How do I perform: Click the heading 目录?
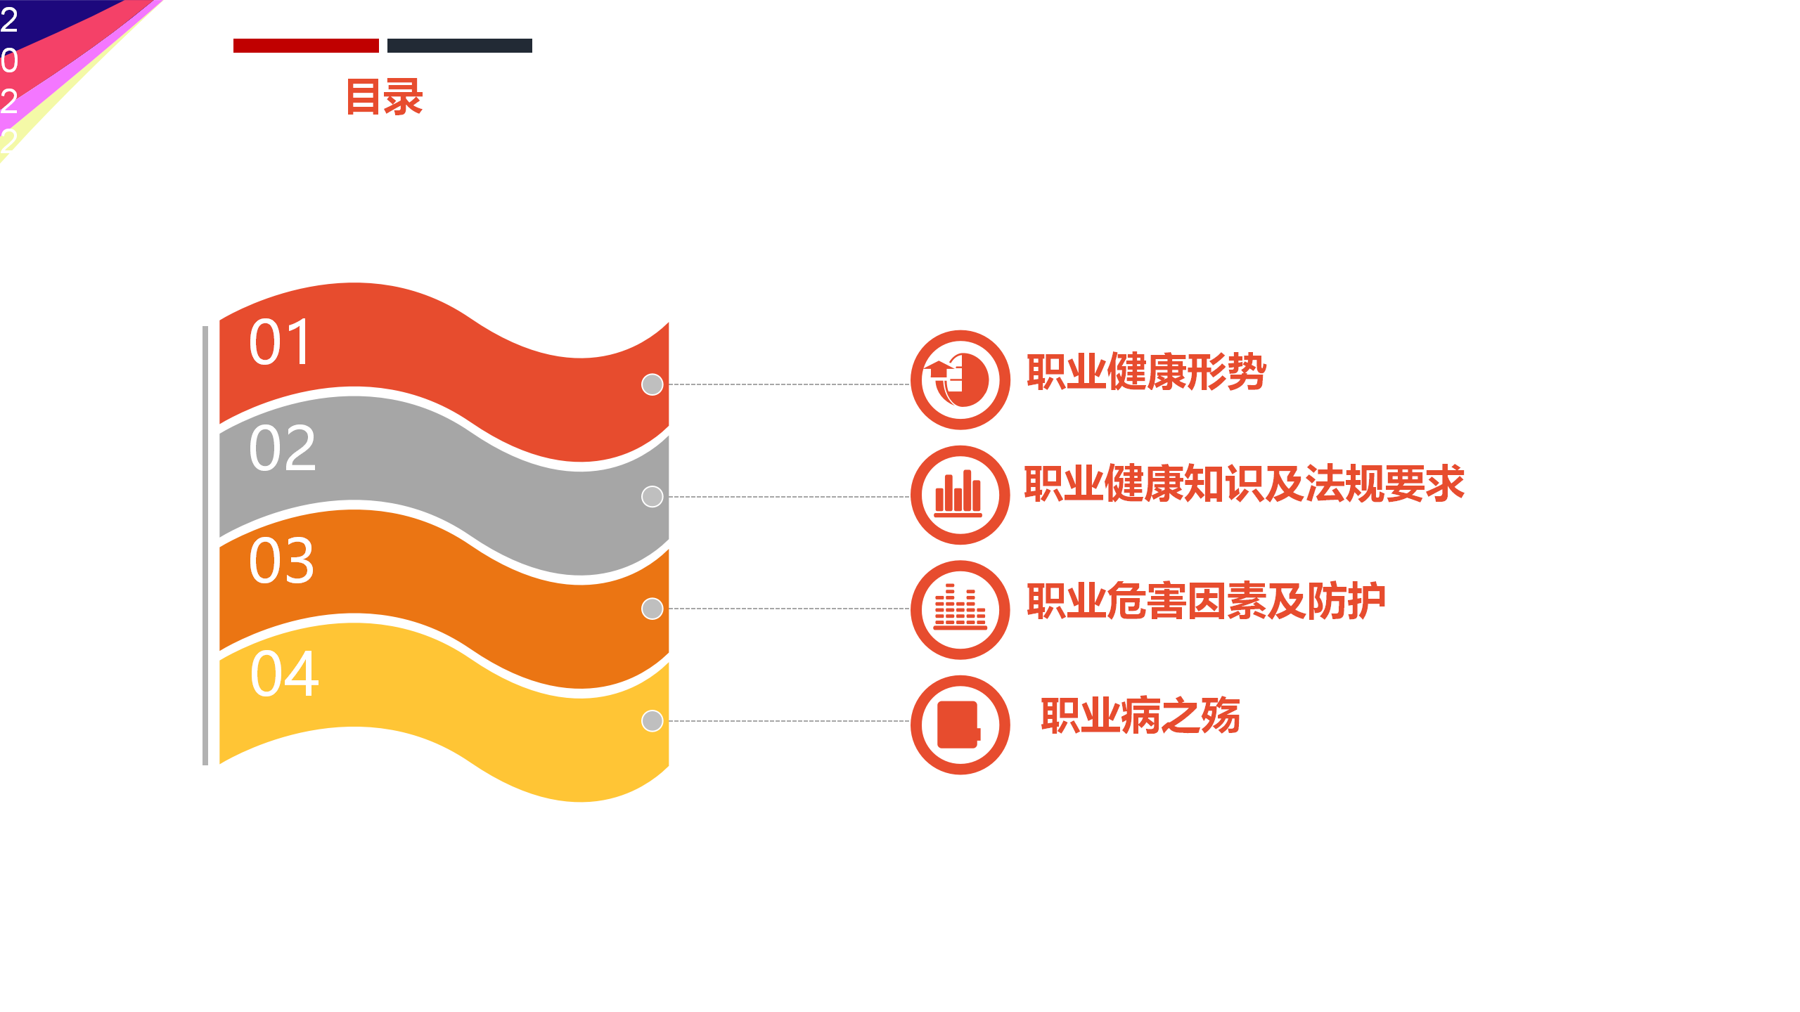pyautogui.click(x=384, y=97)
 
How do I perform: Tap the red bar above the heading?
pyautogui.click(x=306, y=46)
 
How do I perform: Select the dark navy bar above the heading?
pyautogui.click(x=460, y=46)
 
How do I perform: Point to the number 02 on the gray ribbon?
pyautogui.click(x=283, y=448)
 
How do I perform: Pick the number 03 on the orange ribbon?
pyautogui.click(x=282, y=560)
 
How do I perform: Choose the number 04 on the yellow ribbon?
pyautogui.click(x=285, y=673)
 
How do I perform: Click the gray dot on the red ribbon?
pyautogui.click(x=652, y=384)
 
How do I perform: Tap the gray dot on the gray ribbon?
pyautogui.click(x=652, y=496)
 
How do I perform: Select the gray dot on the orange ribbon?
pyautogui.click(x=652, y=609)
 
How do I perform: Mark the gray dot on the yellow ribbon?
pyautogui.click(x=652, y=720)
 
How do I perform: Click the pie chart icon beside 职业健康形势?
pyautogui.click(x=956, y=380)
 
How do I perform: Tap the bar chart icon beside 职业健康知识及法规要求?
pyautogui.click(x=958, y=494)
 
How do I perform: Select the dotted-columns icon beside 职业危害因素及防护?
pyautogui.click(x=960, y=607)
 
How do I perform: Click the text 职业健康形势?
pyautogui.click(x=1146, y=372)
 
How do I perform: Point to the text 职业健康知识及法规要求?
pyautogui.click(x=1244, y=484)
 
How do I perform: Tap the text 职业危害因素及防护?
pyautogui.click(x=1206, y=601)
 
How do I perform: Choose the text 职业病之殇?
pyautogui.click(x=1140, y=715)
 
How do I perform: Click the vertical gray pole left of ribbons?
pyautogui.click(x=205, y=545)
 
